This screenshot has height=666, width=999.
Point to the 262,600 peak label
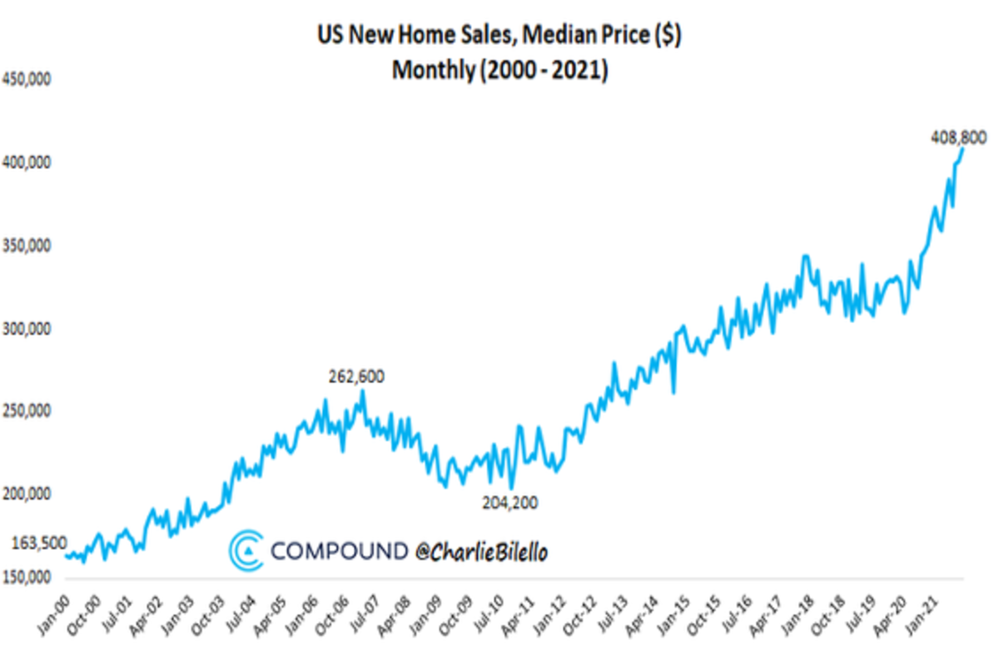tap(356, 376)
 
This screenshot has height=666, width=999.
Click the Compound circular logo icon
tap(247, 551)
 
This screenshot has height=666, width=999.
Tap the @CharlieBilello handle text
tap(482, 551)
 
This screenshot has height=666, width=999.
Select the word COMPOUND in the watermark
tap(339, 551)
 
